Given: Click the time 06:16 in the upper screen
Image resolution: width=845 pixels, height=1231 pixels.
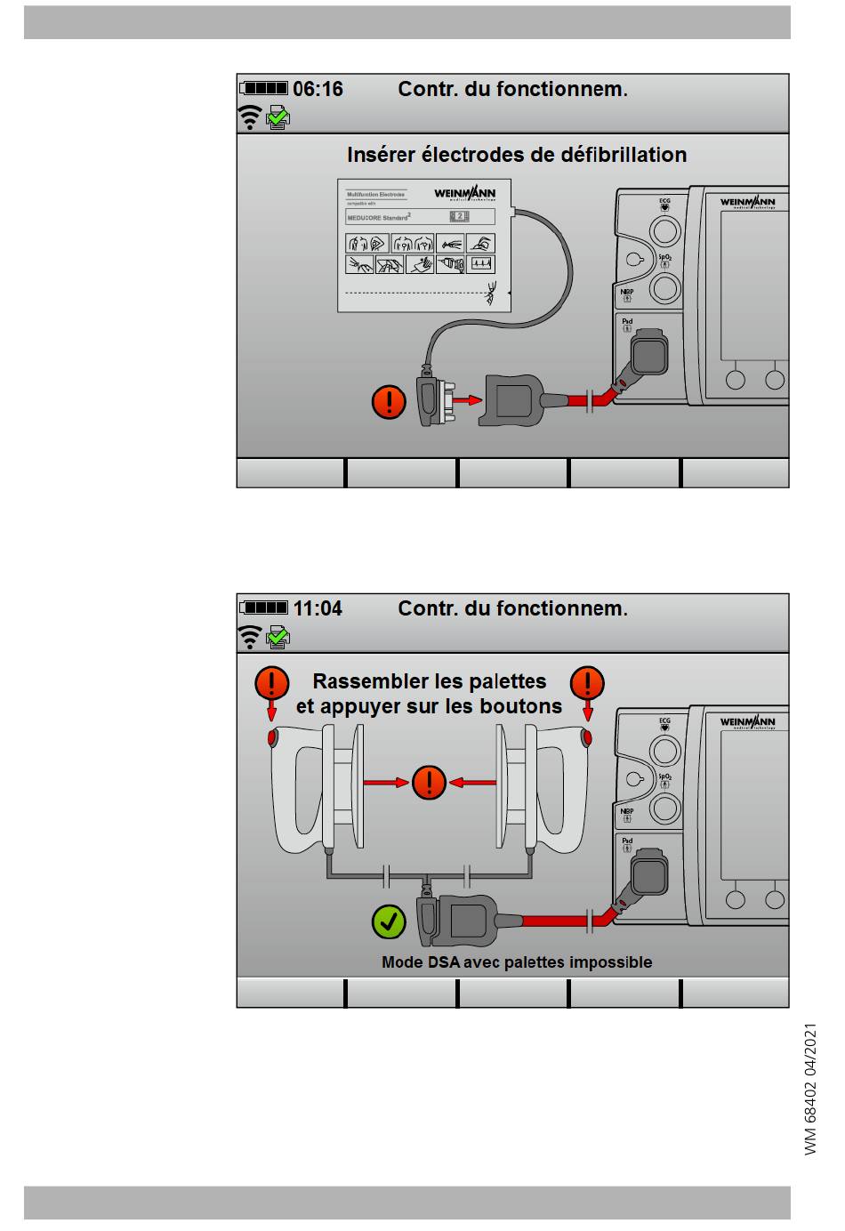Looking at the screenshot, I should pyautogui.click(x=318, y=89).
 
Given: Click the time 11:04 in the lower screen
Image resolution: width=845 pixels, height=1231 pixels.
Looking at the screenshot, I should pyautogui.click(x=318, y=608).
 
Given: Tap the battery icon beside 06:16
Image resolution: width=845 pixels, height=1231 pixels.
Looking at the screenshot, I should pyautogui.click(x=265, y=88).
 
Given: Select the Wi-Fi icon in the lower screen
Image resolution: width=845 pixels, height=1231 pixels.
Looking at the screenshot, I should pyautogui.click(x=251, y=637).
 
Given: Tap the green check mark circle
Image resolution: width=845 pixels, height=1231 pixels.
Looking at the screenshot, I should pyautogui.click(x=389, y=921).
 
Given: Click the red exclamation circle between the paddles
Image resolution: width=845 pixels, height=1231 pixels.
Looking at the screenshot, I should pyautogui.click(x=429, y=783).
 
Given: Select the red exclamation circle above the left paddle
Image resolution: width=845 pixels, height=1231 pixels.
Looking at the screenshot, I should pyautogui.click(x=271, y=683).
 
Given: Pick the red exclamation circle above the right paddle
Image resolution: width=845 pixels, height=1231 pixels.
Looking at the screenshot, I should pyautogui.click(x=587, y=683).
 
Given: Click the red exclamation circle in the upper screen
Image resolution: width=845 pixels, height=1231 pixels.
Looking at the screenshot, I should pyautogui.click(x=389, y=401).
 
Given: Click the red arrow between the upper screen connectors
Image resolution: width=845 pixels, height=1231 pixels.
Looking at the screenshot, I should pyautogui.click(x=466, y=401).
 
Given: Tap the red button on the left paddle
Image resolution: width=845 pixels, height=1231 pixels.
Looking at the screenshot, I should pyautogui.click(x=272, y=738).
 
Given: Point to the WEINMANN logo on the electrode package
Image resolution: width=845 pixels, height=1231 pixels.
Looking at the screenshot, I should pyautogui.click(x=464, y=194).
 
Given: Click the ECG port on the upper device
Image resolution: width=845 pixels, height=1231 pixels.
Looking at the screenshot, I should pyautogui.click(x=665, y=231).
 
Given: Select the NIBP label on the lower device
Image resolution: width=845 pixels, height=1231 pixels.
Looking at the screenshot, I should pyautogui.click(x=627, y=810).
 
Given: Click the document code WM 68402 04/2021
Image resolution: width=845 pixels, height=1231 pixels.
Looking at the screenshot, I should pyautogui.click(x=810, y=1090).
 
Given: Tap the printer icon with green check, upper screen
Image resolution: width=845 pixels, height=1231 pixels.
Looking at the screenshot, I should pyautogui.click(x=278, y=117).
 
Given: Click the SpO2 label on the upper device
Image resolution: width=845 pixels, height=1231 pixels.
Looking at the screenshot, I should pyautogui.click(x=664, y=258).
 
